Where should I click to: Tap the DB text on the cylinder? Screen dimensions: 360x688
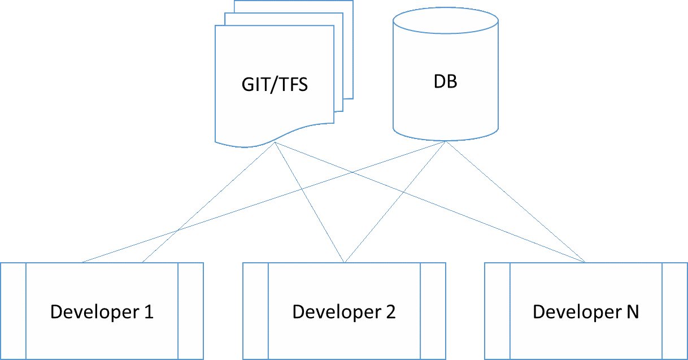445,81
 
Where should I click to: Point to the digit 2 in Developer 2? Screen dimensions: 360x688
390,311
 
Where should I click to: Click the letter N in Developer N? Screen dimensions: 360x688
633,311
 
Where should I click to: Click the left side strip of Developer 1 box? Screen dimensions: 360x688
14,311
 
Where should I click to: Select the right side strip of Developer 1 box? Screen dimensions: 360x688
191,311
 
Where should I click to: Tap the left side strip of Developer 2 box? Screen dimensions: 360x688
255,311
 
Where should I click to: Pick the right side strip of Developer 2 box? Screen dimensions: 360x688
433,311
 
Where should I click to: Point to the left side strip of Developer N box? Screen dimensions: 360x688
497,311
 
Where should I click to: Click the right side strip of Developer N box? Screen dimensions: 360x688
675,311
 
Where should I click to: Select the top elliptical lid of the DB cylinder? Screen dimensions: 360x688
446,23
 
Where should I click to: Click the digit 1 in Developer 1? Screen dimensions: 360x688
149,311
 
